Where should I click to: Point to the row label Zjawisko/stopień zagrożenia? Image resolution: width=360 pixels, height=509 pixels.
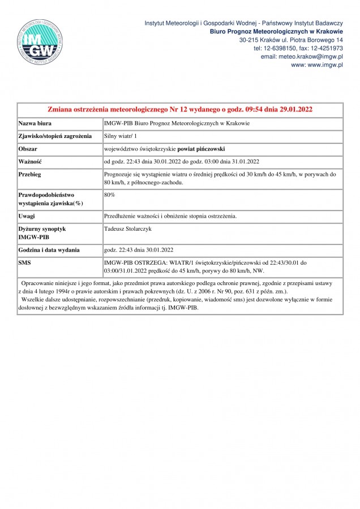click(55, 136)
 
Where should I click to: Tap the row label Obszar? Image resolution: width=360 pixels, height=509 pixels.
click(29, 149)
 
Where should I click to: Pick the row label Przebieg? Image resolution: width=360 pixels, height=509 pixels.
click(31, 175)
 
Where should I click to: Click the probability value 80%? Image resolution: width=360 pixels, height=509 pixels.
click(110, 195)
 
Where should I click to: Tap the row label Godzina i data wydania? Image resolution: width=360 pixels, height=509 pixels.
click(49, 249)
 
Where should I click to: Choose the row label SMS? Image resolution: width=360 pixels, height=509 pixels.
click(26, 263)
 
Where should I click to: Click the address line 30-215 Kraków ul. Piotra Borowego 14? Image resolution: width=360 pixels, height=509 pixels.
click(291, 40)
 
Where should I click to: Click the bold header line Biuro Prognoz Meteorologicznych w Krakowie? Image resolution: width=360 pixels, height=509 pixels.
click(276, 32)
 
